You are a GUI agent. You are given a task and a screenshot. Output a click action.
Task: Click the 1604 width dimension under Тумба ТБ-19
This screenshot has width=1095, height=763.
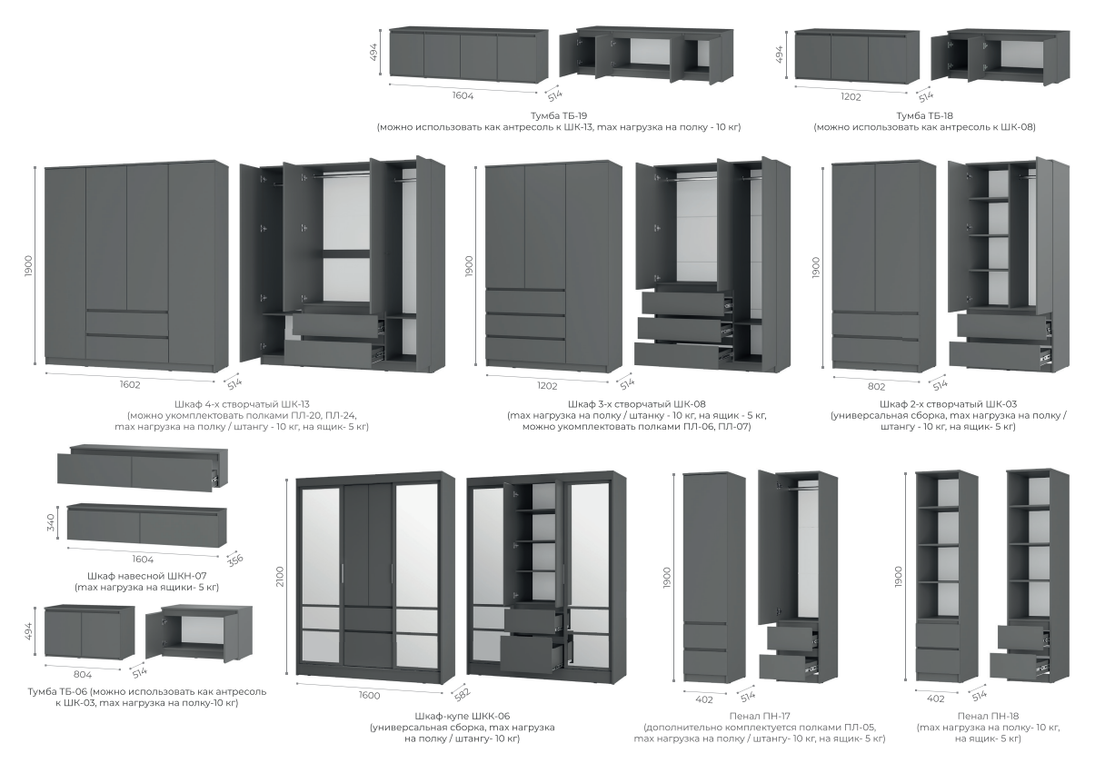click(x=463, y=95)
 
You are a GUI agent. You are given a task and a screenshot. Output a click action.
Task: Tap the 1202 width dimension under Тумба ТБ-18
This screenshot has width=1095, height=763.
click(x=851, y=97)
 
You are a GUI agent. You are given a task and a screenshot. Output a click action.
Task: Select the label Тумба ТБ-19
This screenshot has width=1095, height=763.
click(x=559, y=116)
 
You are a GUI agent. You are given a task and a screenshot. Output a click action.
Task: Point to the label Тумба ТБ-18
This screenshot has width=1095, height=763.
click(x=924, y=116)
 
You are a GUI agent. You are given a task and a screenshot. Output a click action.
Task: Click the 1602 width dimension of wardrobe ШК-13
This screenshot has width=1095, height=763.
click(x=130, y=384)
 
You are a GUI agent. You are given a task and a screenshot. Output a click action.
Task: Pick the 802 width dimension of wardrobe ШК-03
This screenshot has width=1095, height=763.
click(x=876, y=387)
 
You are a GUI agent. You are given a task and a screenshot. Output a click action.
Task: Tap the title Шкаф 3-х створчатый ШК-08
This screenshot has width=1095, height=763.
click(x=636, y=404)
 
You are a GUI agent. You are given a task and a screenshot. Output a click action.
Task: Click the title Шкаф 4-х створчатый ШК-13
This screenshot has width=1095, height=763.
click(x=242, y=404)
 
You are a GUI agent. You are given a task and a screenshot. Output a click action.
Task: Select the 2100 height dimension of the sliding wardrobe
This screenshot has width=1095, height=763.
click(x=280, y=577)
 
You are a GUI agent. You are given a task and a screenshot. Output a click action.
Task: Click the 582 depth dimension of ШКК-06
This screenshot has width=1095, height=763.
click(x=463, y=693)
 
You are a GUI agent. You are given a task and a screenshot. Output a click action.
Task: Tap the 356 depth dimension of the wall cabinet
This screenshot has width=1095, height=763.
click(x=234, y=560)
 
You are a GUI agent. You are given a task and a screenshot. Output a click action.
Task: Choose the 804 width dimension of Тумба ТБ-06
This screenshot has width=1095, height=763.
click(x=82, y=675)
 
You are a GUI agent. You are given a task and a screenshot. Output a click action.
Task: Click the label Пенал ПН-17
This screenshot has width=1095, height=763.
click(x=760, y=716)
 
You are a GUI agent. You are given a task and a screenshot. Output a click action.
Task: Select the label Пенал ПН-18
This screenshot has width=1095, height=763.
click(x=988, y=716)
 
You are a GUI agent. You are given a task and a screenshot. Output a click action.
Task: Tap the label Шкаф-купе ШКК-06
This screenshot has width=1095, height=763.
click(x=462, y=716)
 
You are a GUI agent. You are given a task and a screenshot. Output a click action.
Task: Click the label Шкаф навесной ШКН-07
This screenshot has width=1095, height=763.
click(x=146, y=576)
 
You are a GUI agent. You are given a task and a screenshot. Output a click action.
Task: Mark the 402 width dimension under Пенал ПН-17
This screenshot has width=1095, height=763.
click(x=704, y=699)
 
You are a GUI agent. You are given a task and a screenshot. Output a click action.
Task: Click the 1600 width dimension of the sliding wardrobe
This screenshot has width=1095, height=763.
click(x=369, y=695)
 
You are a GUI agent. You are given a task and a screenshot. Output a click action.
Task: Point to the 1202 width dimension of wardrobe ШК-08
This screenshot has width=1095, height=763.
click(x=547, y=386)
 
